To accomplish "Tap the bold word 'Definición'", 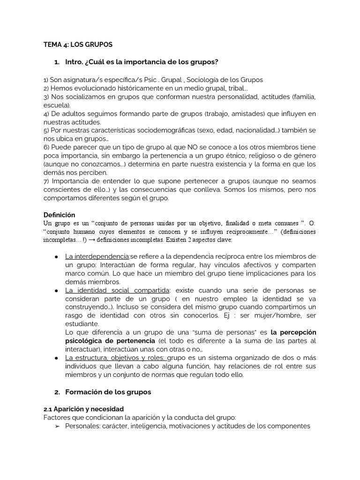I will tap(60, 214).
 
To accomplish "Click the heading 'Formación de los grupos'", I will tap(108, 391).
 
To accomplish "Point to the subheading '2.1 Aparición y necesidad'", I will tap(83, 409).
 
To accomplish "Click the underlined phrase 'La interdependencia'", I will tap(97, 256).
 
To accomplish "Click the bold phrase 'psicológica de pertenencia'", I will tap(109, 340).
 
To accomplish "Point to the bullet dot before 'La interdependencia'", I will tap(56, 257).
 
